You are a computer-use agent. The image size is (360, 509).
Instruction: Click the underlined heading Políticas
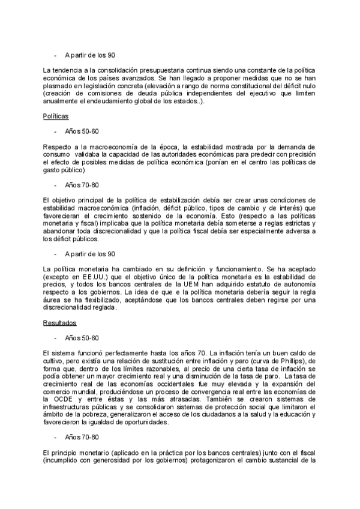coord(56,115)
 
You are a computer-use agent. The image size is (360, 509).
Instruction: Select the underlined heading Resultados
coord(59,322)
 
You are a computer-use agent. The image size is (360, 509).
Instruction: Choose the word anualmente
coord(59,101)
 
